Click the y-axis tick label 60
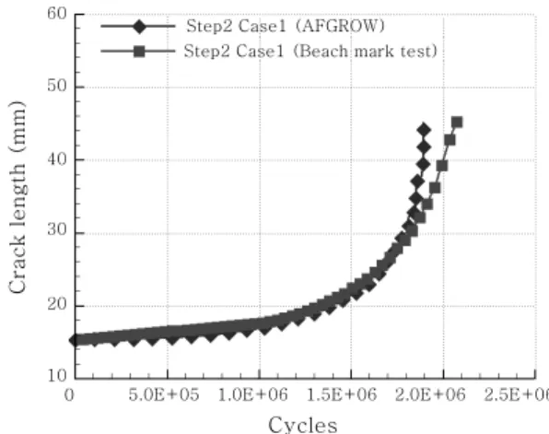tap(57, 14)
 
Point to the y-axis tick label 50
tap(57, 87)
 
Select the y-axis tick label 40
tap(57, 159)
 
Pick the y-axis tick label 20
tap(57, 304)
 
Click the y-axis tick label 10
tap(57, 376)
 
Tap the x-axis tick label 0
tap(69, 395)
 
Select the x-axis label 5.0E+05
tap(164, 395)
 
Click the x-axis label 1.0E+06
tap(252, 395)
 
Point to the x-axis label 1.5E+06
tap(342, 395)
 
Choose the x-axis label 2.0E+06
tap(430, 395)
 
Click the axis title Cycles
tap(303, 425)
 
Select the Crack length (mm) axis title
tap(18, 197)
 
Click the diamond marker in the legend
tap(139, 27)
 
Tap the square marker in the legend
tap(139, 52)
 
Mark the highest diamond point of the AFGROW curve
tap(424, 130)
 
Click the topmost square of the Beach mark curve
tap(457, 123)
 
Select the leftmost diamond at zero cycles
tap(76, 340)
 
